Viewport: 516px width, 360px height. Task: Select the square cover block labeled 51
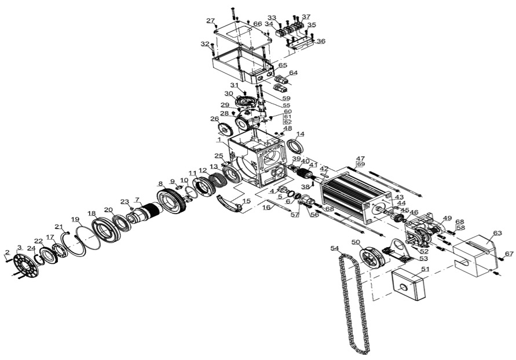[409, 284]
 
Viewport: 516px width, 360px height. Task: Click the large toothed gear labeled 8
[171, 201]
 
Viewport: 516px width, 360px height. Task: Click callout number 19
[75, 219]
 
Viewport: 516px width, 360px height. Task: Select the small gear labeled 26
[225, 129]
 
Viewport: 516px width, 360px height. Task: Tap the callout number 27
[211, 21]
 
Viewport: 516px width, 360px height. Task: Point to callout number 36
[321, 41]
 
